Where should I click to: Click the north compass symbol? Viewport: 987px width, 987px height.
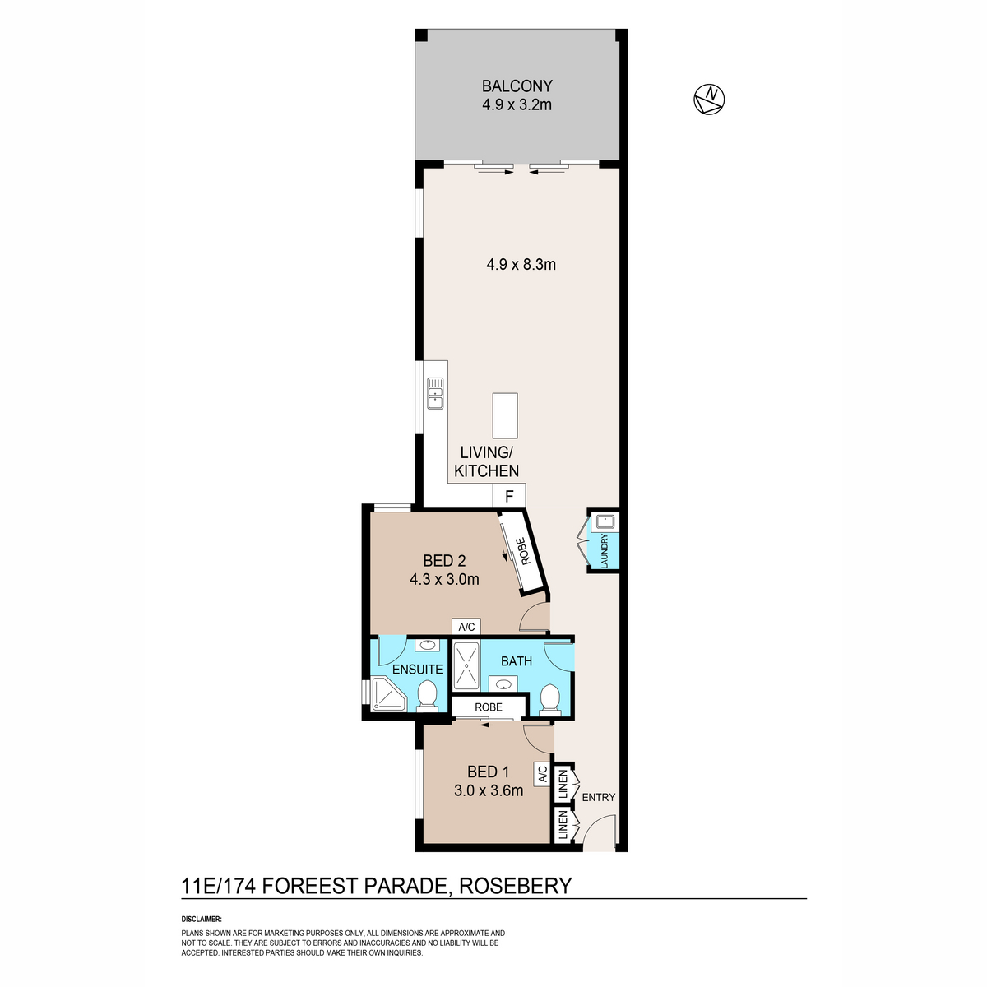(709, 99)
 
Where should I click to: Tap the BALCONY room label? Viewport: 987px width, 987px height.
(517, 86)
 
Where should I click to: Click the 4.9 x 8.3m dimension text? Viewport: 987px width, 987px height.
(521, 264)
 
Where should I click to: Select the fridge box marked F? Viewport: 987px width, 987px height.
(509, 496)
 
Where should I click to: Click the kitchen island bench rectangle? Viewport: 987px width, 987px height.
(505, 415)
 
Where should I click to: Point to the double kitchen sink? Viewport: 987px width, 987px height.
(435, 393)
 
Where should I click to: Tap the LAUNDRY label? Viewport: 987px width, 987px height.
(605, 551)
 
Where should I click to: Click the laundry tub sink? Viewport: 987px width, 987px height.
(605, 522)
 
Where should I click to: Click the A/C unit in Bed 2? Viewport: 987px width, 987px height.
(466, 627)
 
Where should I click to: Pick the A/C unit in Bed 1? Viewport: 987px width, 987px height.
(542, 775)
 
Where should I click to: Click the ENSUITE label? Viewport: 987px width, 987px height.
(418, 669)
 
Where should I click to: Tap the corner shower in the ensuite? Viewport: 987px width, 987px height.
(387, 694)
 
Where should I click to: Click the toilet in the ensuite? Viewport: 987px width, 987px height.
(426, 696)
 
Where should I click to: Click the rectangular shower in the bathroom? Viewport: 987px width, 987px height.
(466, 665)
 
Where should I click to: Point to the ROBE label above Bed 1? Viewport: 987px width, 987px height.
(488, 707)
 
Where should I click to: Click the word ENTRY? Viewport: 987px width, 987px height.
(598, 797)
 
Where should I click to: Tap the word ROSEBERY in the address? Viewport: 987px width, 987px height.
(515, 886)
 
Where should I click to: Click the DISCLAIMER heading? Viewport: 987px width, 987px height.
(202, 920)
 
